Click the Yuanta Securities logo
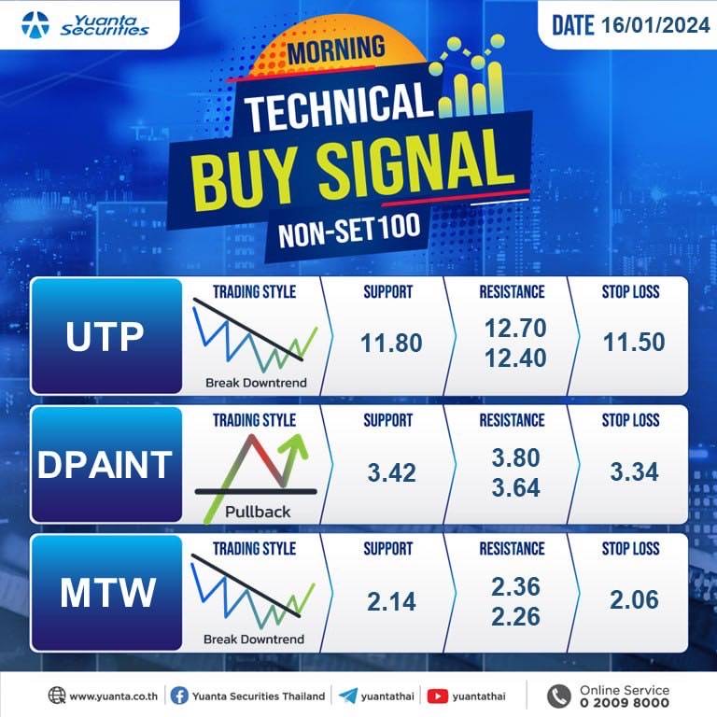(x=85, y=24)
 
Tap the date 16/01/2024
(x=654, y=24)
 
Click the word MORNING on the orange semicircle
(x=336, y=50)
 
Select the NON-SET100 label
(x=349, y=230)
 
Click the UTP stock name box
(x=106, y=336)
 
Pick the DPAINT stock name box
(x=106, y=465)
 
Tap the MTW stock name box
(x=106, y=593)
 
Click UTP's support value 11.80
(x=391, y=343)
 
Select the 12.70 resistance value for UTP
(x=515, y=328)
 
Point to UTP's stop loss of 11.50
(x=634, y=342)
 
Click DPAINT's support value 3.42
(x=392, y=472)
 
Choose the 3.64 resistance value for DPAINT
(x=515, y=487)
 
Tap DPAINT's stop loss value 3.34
(x=634, y=471)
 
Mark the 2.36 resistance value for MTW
(x=515, y=586)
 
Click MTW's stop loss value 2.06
(x=634, y=599)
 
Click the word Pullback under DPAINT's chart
(x=258, y=512)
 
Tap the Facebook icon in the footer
(x=179, y=696)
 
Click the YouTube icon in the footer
(x=437, y=696)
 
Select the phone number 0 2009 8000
(x=625, y=702)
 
